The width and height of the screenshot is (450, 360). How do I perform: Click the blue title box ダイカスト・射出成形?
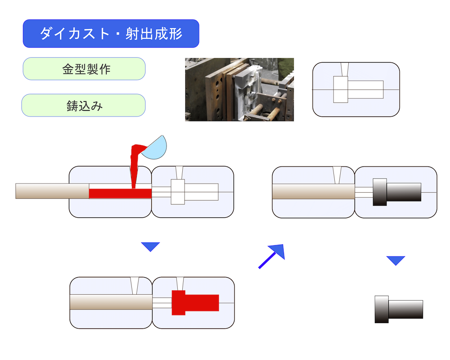(x=111, y=33)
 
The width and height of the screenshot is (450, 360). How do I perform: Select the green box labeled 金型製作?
(x=84, y=69)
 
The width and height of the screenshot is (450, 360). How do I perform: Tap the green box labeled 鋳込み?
(x=84, y=105)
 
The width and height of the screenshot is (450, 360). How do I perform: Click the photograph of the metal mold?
(x=239, y=90)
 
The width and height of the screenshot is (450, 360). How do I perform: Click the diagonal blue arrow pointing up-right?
(x=272, y=256)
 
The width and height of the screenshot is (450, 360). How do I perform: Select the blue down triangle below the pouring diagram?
(x=150, y=247)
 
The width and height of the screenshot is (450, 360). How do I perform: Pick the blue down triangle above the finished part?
(x=396, y=261)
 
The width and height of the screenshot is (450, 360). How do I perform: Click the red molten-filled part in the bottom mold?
(x=195, y=302)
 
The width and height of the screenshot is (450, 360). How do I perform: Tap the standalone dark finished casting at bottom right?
(x=399, y=309)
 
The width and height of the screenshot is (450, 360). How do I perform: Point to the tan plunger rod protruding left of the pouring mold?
(x=52, y=191)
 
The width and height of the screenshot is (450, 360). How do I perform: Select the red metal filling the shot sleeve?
(x=120, y=193)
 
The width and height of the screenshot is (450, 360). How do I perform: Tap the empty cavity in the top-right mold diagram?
(x=358, y=90)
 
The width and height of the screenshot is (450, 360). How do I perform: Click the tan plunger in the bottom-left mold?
(x=111, y=302)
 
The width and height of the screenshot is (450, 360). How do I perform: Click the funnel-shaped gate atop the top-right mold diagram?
(x=345, y=69)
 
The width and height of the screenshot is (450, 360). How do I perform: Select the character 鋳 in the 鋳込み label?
(x=72, y=106)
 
